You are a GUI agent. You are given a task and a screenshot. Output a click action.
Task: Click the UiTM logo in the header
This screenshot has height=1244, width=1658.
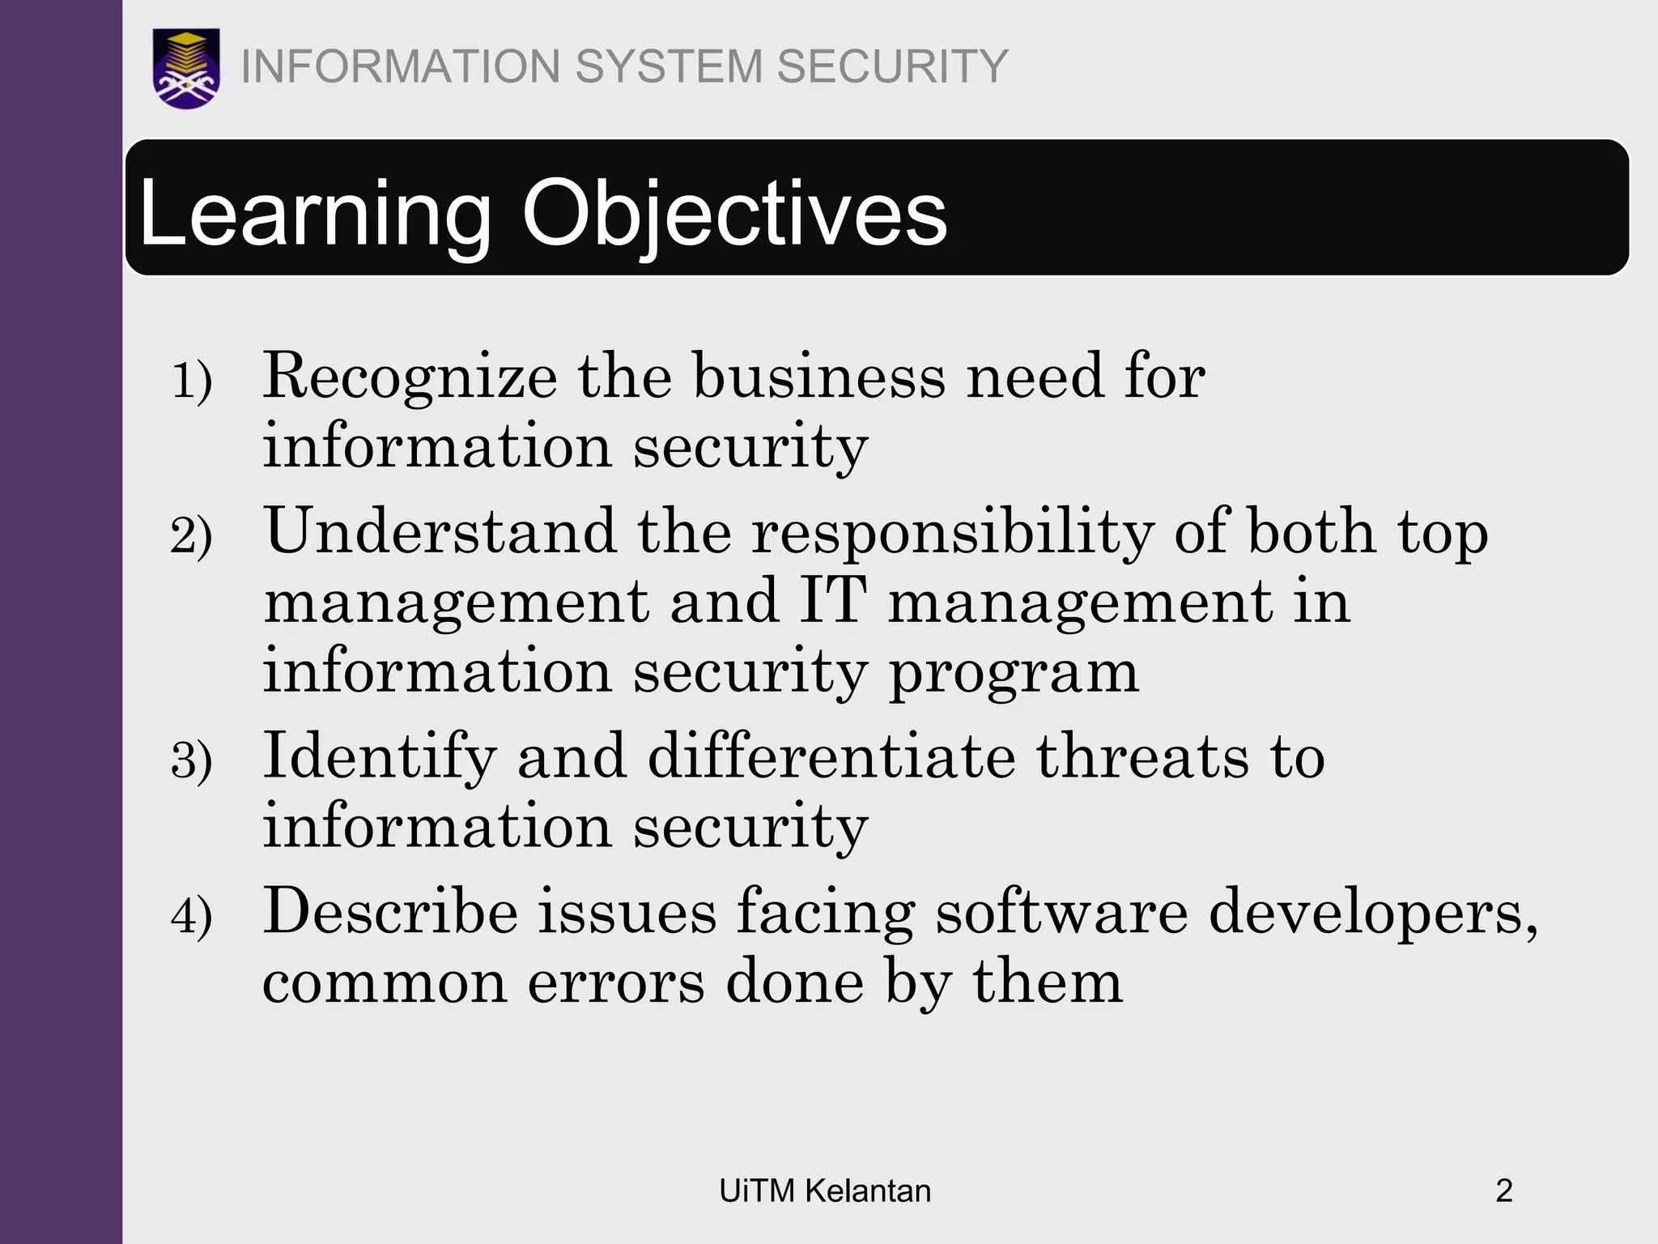pos(186,68)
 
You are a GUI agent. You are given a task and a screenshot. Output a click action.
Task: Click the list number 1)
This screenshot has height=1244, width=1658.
pos(192,381)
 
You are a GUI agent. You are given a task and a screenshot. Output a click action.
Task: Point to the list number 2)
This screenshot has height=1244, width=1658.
pos(192,536)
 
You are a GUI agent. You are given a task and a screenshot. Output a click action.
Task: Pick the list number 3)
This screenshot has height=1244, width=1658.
pos(192,761)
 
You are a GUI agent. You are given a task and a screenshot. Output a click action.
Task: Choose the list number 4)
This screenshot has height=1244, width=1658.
pos(192,917)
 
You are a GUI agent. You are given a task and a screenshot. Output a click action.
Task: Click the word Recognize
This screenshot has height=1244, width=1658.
pos(410,378)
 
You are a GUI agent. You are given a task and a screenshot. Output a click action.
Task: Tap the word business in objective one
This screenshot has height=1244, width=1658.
pos(819,377)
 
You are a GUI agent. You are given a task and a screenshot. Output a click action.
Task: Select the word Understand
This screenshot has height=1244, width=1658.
pos(441,532)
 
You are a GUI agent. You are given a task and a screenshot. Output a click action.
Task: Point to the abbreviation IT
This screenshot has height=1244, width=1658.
pos(833,601)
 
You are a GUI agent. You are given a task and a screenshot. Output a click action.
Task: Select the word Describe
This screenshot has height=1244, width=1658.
pos(390,913)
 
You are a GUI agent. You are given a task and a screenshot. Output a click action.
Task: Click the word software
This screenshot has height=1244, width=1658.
pos(1062,913)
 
